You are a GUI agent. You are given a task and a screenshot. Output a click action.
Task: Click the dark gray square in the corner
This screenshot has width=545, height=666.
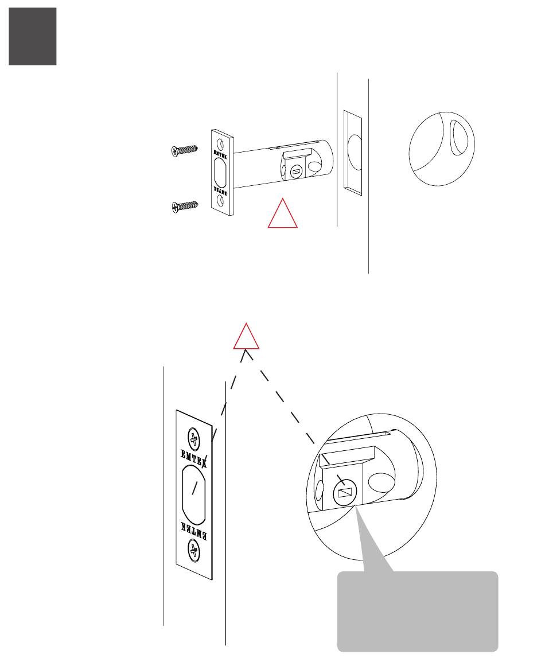point(33,36)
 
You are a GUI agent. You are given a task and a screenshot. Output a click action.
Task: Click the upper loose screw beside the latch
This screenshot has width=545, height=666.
point(184,151)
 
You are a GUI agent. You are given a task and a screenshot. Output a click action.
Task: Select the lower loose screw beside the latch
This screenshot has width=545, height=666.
point(184,206)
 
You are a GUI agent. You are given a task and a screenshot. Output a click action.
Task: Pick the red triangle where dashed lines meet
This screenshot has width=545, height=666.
point(246,338)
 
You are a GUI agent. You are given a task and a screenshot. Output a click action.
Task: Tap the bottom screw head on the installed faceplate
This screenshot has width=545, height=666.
point(194,552)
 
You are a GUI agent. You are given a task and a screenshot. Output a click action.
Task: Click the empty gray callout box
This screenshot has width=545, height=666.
point(417,612)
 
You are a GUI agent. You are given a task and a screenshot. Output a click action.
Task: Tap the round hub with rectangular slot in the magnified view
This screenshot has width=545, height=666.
point(344,492)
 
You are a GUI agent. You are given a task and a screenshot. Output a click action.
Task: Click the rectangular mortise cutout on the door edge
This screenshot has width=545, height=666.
point(352,150)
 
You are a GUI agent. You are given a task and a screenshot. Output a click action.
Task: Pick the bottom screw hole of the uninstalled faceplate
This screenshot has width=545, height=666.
point(221,201)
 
